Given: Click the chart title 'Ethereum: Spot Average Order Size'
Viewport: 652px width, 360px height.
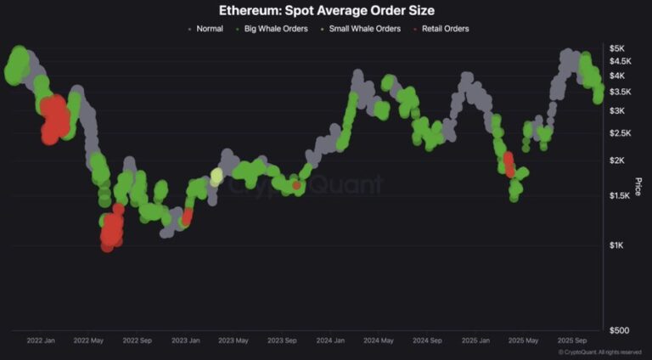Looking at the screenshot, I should [x=327, y=10].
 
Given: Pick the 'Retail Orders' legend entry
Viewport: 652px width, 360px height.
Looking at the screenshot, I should [x=441, y=28].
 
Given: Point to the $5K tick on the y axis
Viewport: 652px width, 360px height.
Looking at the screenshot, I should [x=618, y=48].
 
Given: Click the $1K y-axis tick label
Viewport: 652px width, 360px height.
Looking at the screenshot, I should [x=618, y=245].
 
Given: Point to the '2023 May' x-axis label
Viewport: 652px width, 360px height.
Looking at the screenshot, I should [x=233, y=340].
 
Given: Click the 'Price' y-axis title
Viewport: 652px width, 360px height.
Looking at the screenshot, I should [x=638, y=186].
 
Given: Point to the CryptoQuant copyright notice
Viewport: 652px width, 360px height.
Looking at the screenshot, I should [x=599, y=352].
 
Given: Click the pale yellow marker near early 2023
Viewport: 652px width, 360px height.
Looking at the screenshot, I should [x=216, y=177].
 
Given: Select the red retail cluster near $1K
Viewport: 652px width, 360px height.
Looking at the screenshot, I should [x=110, y=229].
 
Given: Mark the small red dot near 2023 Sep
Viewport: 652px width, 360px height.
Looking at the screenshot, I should [x=296, y=185].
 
